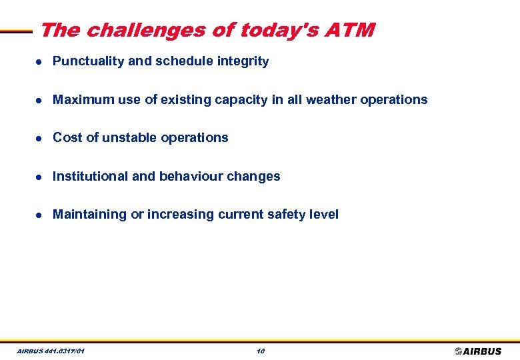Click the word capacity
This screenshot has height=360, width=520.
(x=244, y=100)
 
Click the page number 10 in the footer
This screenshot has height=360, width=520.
(x=260, y=351)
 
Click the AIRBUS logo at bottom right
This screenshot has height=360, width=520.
(x=478, y=351)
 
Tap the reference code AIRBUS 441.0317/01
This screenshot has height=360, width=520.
(x=51, y=351)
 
